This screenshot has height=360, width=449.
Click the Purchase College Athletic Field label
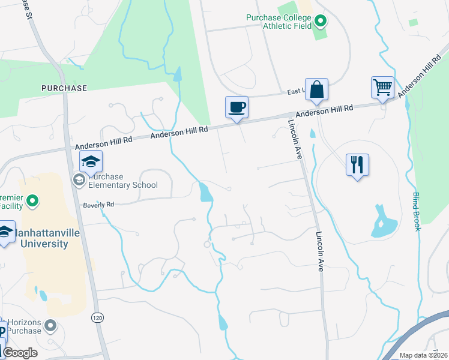(x=279, y=22)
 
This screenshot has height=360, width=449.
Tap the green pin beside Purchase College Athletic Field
(x=321, y=22)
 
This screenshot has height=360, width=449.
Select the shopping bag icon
(x=316, y=89)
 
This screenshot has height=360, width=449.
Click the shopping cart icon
(x=382, y=87)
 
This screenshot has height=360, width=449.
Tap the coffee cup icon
(x=237, y=107)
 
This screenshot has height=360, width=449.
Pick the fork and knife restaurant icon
(x=357, y=164)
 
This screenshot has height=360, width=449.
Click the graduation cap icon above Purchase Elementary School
(x=91, y=161)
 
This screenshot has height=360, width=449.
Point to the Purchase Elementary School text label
(x=123, y=181)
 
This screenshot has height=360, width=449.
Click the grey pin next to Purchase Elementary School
(x=79, y=179)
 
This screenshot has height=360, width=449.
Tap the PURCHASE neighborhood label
(x=64, y=88)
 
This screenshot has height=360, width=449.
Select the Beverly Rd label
(x=98, y=205)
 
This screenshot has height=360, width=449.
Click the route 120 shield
(x=97, y=316)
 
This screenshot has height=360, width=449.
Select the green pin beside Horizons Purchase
(x=50, y=326)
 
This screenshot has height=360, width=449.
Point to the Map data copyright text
(x=423, y=355)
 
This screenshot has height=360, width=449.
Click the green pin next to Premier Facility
(x=33, y=200)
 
